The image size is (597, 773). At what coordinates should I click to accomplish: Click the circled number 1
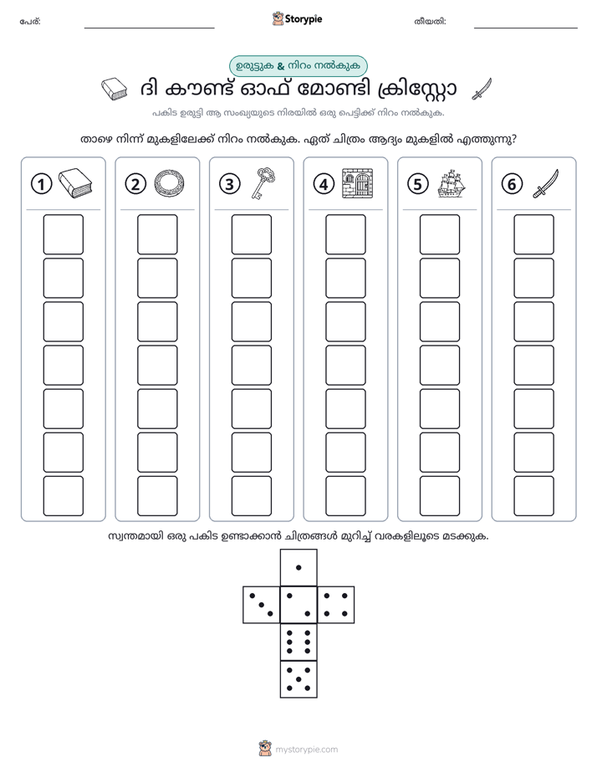(x=41, y=184)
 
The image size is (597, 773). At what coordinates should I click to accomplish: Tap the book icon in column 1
(x=75, y=183)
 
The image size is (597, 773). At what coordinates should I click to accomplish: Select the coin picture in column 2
(x=170, y=184)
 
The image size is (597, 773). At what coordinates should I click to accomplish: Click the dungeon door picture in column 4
(x=358, y=183)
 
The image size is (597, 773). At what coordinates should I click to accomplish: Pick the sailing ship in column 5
(x=452, y=183)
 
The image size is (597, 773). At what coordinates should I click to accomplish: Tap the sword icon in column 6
(x=546, y=184)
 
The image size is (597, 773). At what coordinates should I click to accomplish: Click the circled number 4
(x=324, y=184)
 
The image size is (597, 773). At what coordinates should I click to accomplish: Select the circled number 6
(x=512, y=184)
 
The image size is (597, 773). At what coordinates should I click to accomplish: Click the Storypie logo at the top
(x=298, y=19)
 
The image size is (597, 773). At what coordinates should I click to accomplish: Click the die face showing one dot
(x=298, y=567)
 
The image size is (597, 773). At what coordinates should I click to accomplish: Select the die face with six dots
(x=298, y=642)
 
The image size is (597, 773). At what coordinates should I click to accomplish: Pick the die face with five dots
(x=298, y=679)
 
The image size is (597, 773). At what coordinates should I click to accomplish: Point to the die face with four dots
(x=336, y=605)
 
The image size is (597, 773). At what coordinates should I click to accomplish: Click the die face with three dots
(x=261, y=605)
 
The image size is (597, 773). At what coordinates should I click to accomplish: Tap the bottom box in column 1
(x=63, y=496)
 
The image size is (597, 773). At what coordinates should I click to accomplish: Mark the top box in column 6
(x=534, y=234)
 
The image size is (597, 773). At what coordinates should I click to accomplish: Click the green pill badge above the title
(x=298, y=66)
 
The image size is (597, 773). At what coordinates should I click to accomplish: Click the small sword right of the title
(x=482, y=89)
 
